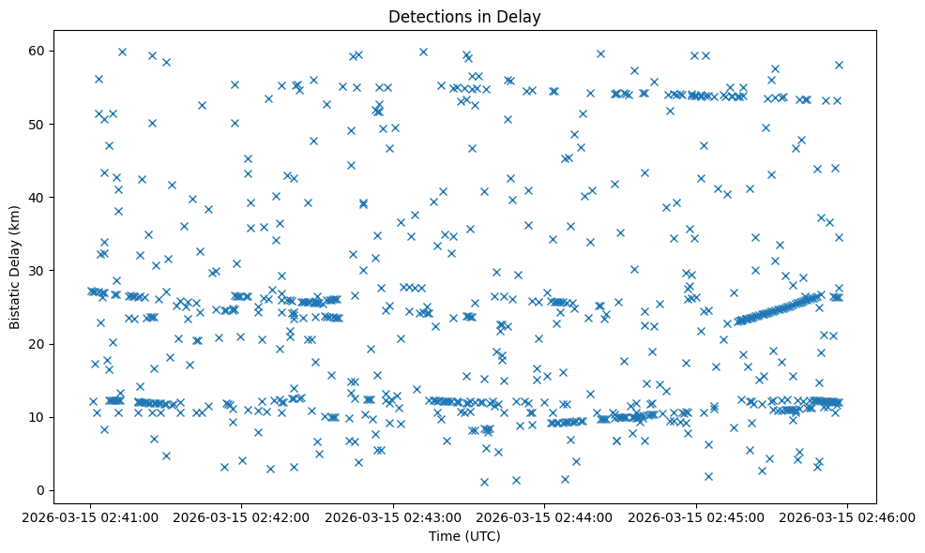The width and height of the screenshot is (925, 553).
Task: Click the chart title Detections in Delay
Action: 464,16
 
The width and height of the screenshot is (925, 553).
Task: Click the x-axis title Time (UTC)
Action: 464,536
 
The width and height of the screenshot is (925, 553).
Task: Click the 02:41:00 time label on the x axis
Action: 90,516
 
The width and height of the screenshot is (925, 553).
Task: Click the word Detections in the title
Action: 427,16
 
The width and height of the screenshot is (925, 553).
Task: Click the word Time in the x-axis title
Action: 445,536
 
